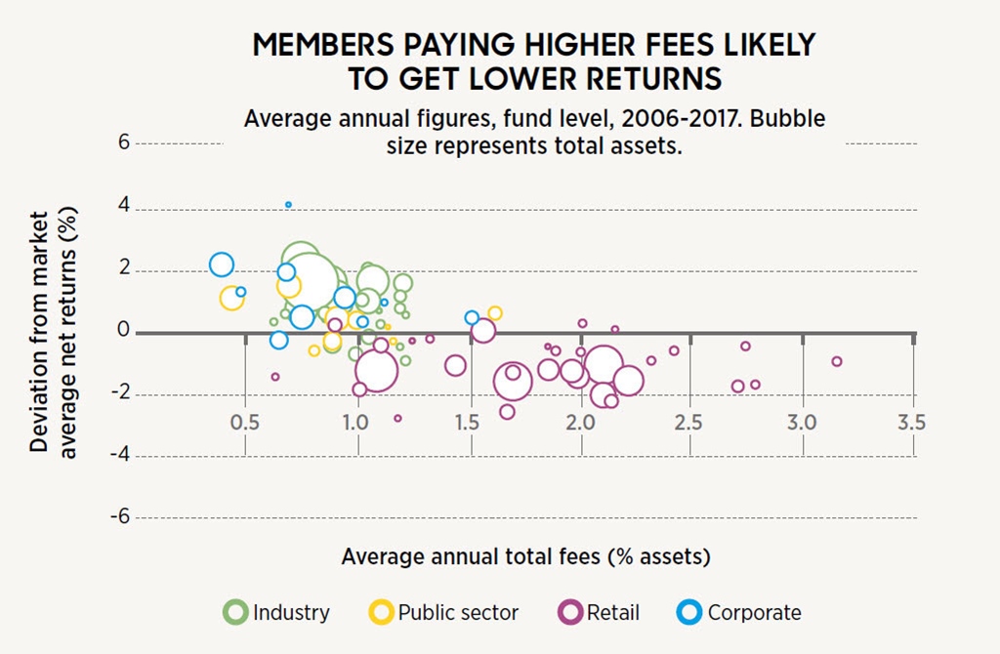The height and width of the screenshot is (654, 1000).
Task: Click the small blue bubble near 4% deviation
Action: (x=288, y=205)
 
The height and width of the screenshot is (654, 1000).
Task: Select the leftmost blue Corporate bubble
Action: (x=222, y=265)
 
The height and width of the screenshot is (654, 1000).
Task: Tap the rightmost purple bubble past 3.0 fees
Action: (x=836, y=361)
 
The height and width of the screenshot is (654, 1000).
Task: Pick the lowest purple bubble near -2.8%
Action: (x=397, y=418)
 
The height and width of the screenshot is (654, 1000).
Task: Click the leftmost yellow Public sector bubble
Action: (x=231, y=298)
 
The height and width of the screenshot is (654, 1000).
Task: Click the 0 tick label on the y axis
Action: (x=123, y=331)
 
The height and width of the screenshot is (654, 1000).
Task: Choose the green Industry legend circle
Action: (x=234, y=612)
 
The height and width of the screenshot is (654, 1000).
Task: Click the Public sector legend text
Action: (x=458, y=613)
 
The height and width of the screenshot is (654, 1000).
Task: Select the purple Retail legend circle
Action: (x=568, y=612)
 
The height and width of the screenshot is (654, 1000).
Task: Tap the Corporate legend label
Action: (x=754, y=613)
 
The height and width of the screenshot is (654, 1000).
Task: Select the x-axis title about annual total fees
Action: (x=525, y=556)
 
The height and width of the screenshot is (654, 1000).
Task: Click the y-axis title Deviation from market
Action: (x=39, y=331)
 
